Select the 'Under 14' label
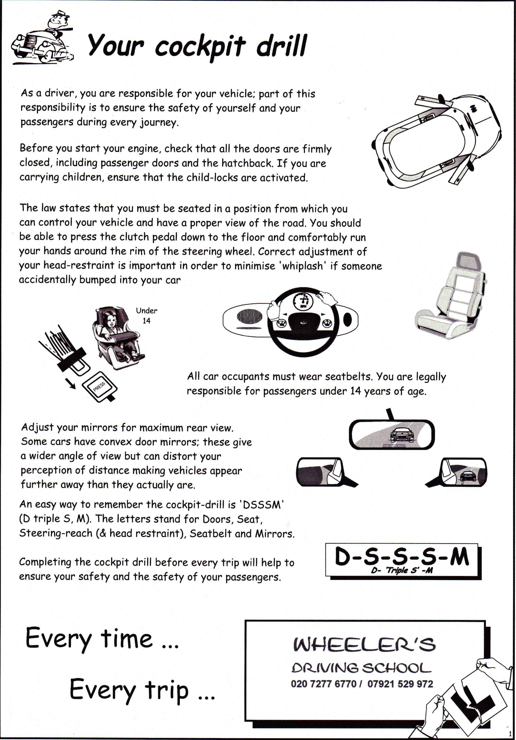(x=146, y=315)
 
